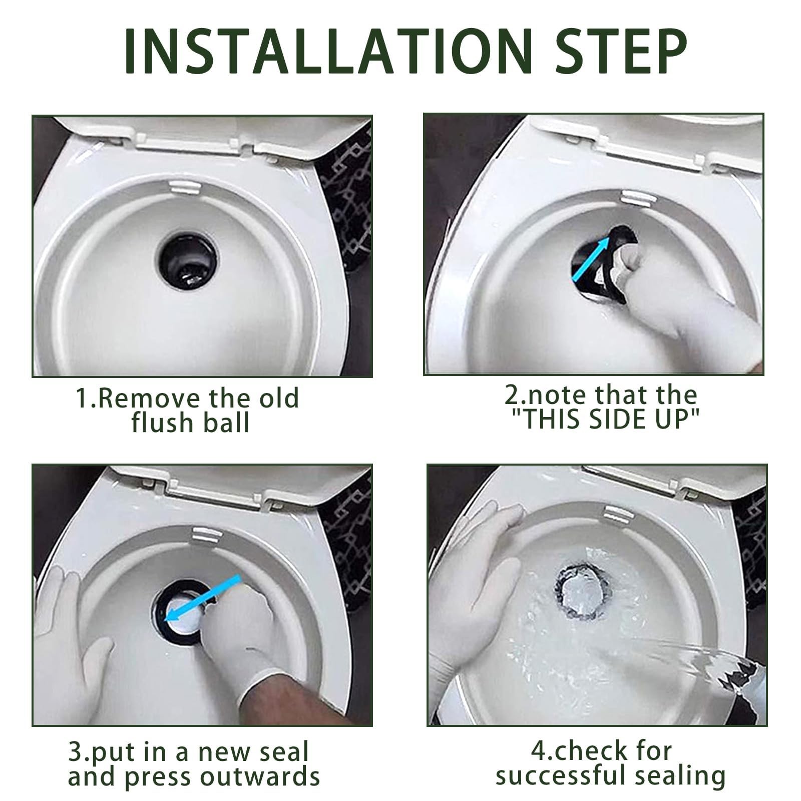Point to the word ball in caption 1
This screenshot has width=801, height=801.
tap(228, 424)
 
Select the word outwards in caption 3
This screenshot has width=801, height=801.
tap(260, 777)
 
